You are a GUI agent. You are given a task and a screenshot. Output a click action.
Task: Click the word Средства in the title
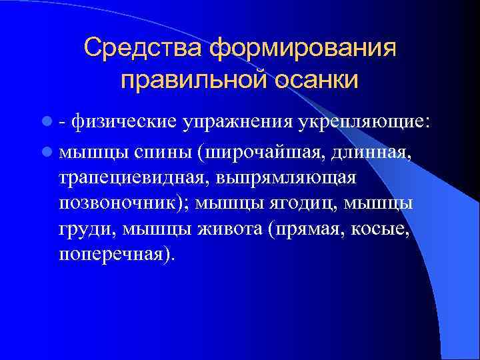pyautogui.click(x=143, y=48)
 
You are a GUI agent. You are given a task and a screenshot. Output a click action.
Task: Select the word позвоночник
pyautogui.click(x=127, y=203)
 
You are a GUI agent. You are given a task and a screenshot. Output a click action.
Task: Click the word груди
pyautogui.click(x=81, y=229)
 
